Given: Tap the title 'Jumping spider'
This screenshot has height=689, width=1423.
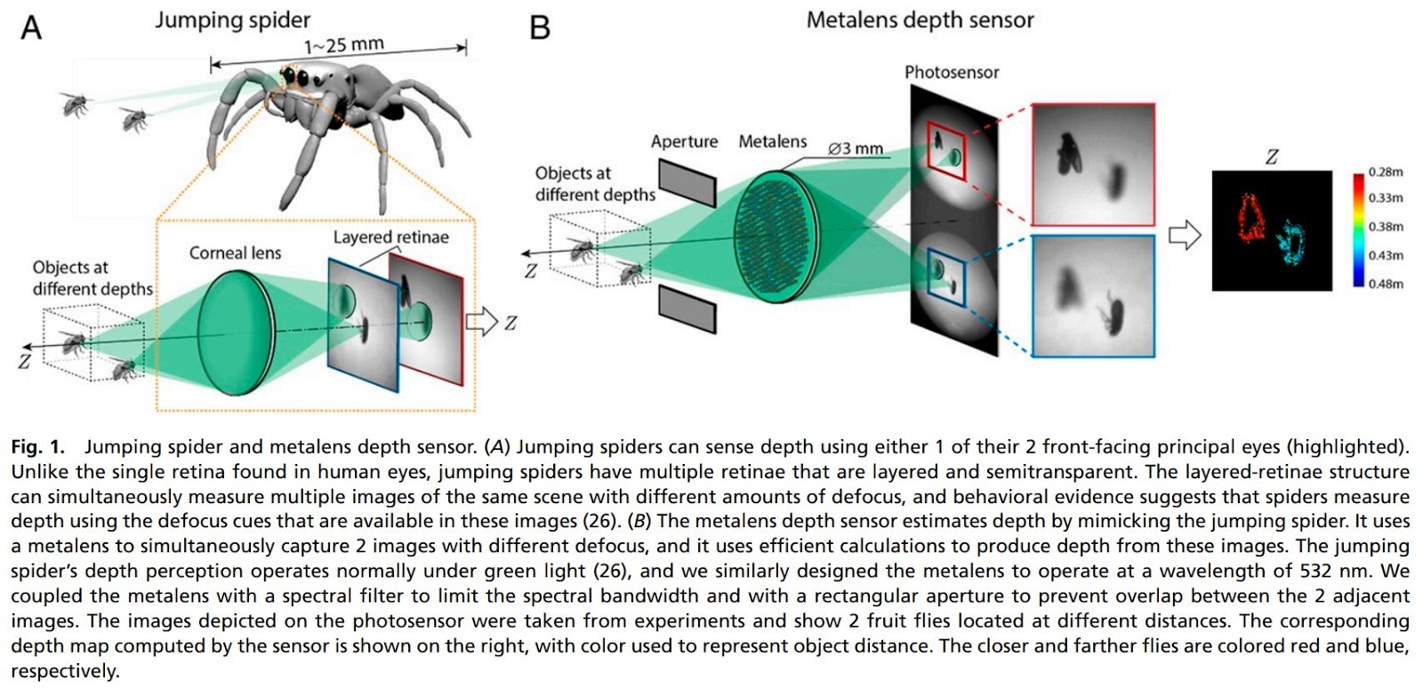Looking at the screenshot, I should (232, 20).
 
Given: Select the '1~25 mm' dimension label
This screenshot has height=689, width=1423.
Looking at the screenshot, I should (343, 44).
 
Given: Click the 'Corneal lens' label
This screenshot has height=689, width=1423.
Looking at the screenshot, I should (235, 253).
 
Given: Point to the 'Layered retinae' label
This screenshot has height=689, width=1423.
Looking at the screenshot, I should (390, 237).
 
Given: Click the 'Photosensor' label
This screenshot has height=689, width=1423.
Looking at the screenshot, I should (952, 72).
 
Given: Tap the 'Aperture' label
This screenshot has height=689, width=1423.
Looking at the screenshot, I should (684, 141).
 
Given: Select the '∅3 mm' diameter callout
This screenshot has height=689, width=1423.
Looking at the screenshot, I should (856, 148).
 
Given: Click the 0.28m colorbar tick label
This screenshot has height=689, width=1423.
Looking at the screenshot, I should (1386, 172).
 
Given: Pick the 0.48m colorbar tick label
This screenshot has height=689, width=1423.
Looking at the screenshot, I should (1386, 284).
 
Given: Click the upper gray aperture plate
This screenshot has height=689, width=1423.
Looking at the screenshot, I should (687, 182).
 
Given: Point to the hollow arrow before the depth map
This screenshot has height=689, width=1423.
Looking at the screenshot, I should (1184, 236).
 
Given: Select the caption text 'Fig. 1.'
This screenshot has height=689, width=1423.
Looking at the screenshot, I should (37, 446).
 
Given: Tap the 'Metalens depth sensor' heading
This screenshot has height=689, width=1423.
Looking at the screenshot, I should (920, 20).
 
